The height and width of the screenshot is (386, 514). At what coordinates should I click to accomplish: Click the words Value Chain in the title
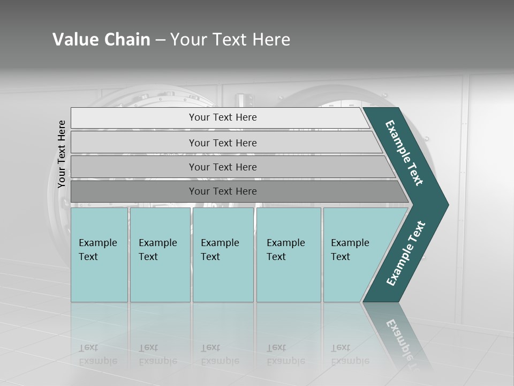tap(101, 39)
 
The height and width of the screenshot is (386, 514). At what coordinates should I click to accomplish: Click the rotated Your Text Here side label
tap(62, 154)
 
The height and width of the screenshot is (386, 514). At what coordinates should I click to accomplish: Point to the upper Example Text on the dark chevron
tap(404, 153)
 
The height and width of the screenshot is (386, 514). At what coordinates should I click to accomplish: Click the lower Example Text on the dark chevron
tap(406, 254)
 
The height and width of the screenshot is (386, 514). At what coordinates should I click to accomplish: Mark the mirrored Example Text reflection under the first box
tap(97, 354)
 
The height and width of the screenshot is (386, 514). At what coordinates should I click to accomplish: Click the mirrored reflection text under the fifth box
tap(350, 354)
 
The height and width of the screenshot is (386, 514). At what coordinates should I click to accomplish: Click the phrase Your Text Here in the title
tap(230, 39)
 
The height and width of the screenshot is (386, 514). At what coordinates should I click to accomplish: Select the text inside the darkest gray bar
tap(223, 191)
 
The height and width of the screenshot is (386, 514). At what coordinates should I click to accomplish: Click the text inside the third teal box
tap(220, 249)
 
